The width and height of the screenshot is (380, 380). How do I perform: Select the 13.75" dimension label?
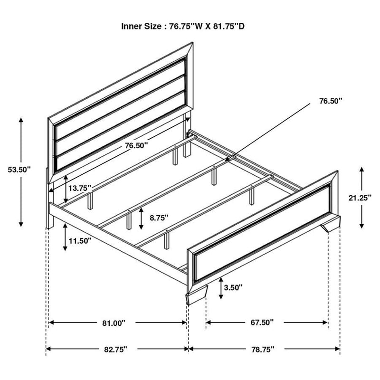(79, 188)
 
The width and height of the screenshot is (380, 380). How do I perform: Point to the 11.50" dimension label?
(79, 241)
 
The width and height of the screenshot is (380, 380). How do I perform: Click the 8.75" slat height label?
(159, 218)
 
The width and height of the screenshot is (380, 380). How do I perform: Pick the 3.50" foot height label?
(234, 287)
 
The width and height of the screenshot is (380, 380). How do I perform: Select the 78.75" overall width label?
(262, 350)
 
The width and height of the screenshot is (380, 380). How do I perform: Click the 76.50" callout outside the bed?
(331, 101)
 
